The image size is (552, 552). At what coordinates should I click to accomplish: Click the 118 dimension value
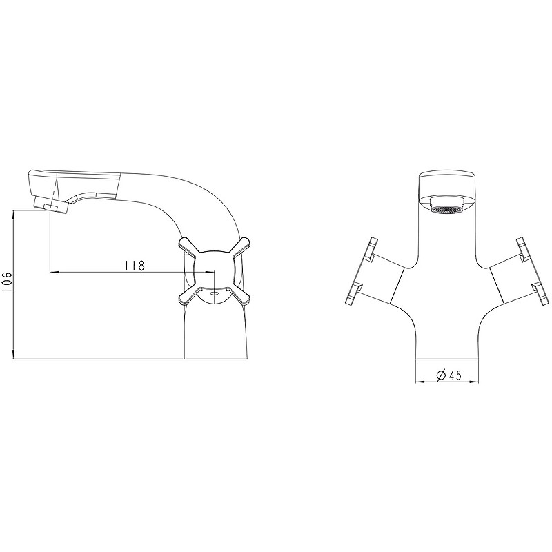[134, 266]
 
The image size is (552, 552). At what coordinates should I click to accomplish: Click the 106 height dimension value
[8, 282]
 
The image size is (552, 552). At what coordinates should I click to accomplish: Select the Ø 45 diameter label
[448, 375]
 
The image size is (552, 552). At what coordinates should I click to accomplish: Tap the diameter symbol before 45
[442, 375]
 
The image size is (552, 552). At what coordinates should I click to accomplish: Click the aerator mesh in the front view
[446, 210]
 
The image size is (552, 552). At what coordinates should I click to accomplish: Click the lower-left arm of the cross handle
[190, 296]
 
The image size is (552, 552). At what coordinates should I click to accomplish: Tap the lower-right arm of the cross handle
[239, 296]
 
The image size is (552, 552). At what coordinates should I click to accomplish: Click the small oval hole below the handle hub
[214, 292]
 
